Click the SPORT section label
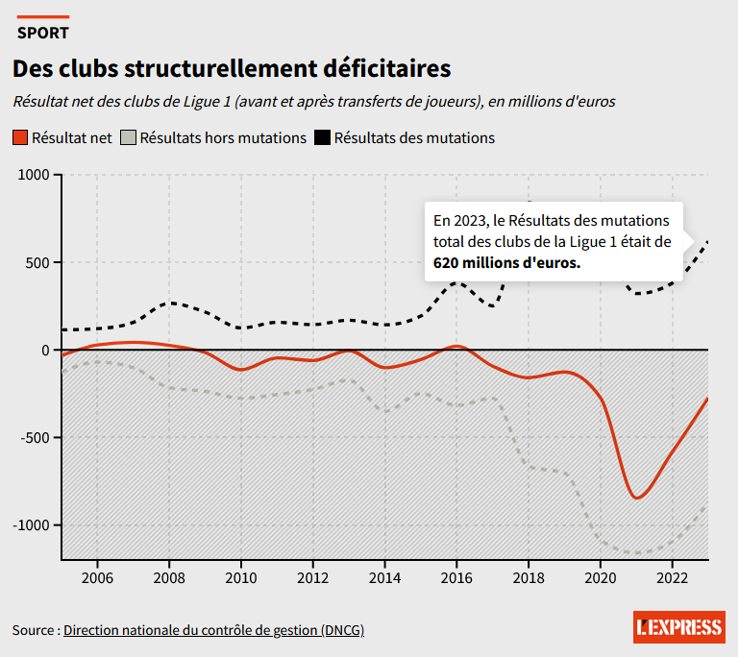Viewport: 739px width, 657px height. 43,33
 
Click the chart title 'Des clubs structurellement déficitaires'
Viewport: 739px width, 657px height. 231,69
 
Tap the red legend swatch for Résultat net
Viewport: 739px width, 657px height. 20,138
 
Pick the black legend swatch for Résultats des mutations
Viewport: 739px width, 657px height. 323,138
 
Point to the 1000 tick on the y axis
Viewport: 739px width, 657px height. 34,176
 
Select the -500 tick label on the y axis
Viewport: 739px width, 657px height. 35,438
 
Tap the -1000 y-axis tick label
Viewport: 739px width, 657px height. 32,525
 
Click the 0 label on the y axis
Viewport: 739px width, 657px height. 45,351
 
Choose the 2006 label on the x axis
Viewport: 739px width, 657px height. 97,577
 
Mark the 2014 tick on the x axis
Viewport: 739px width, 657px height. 384,577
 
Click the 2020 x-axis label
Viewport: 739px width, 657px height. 600,577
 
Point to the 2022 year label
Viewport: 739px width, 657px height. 672,577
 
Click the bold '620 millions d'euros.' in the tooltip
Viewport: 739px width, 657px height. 507,262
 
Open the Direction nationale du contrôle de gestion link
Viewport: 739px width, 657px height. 213,630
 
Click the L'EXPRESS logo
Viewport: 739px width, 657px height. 678,628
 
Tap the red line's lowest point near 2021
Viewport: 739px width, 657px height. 636,498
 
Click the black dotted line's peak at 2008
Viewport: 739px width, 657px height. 169,303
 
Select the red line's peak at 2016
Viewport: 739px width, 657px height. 456,346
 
